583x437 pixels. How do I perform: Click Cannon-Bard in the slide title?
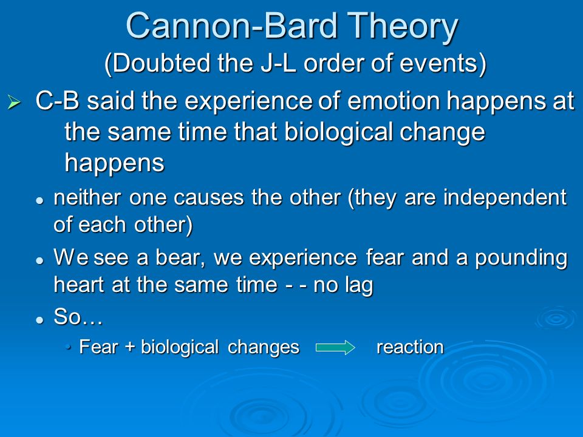[232, 25]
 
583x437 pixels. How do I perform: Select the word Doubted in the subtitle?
[160, 63]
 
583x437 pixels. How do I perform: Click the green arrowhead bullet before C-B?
[14, 102]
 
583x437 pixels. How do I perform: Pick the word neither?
[87, 197]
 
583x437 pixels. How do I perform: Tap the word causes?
[208, 198]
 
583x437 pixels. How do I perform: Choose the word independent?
[505, 198]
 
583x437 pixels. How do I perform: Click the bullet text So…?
[78, 317]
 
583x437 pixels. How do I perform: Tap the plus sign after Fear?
[130, 347]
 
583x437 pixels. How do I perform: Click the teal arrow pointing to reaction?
[335, 347]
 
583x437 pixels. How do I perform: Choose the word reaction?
[410, 347]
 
